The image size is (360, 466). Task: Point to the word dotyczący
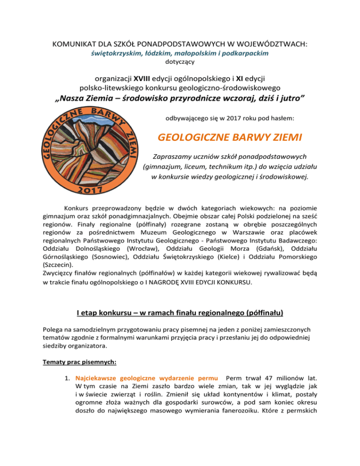(180, 61)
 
